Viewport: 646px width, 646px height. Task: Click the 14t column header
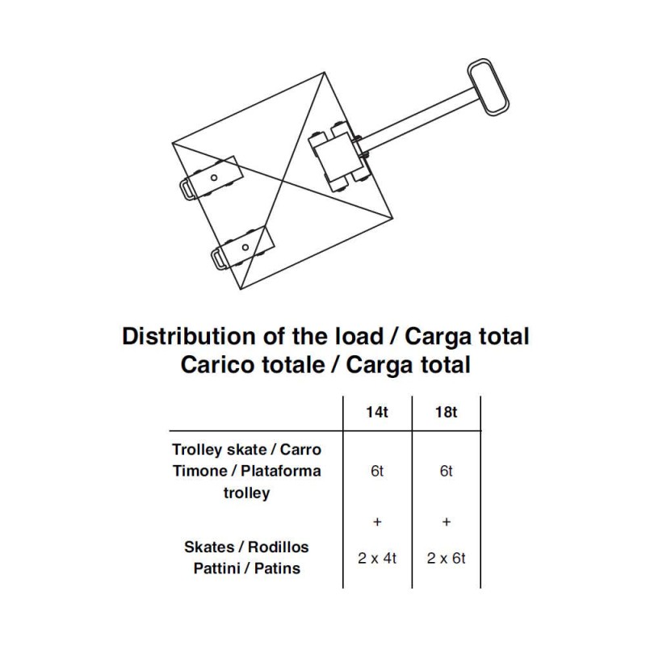click(377, 413)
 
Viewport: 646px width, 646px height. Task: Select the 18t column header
click(447, 413)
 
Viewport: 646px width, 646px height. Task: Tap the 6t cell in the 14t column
click(377, 471)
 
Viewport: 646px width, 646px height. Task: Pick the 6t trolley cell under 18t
click(447, 471)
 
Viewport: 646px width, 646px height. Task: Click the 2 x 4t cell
click(377, 558)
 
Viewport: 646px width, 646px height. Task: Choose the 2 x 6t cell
click(447, 558)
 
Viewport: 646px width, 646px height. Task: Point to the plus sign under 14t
click(377, 522)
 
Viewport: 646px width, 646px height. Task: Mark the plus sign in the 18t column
click(447, 522)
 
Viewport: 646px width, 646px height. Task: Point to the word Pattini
click(216, 568)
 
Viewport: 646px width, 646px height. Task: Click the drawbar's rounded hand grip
click(488, 87)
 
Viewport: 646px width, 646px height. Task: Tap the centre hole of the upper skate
click(214, 178)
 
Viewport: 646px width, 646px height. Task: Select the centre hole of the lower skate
click(245, 248)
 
